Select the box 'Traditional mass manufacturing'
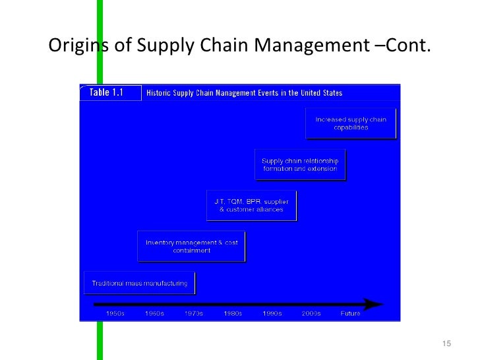pos(139,284)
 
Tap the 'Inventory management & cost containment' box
pos(191,246)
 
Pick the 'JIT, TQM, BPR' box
pos(251,205)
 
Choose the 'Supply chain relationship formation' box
pos(300,165)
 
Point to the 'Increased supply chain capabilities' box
pos(351,123)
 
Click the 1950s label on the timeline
pos(115,314)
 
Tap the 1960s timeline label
pos(154,314)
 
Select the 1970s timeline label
pos(193,314)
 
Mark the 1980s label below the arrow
pos(233,314)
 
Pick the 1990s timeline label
pos(272,314)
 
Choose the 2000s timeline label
pos(311,314)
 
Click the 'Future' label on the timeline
pos(350,314)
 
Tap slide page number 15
pos(446,344)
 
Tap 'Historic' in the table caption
pos(158,93)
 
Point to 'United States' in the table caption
pos(321,93)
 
